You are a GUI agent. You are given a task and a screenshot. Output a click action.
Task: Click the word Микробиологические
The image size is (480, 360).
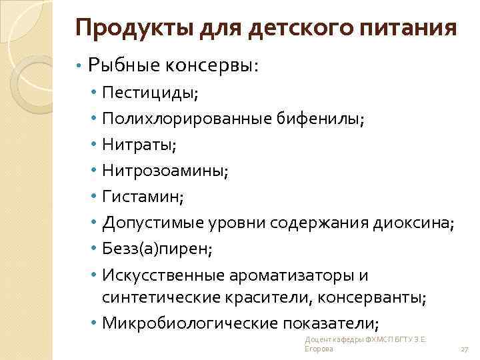click(x=191, y=324)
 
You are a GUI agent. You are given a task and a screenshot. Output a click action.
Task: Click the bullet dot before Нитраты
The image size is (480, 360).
click(x=95, y=145)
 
